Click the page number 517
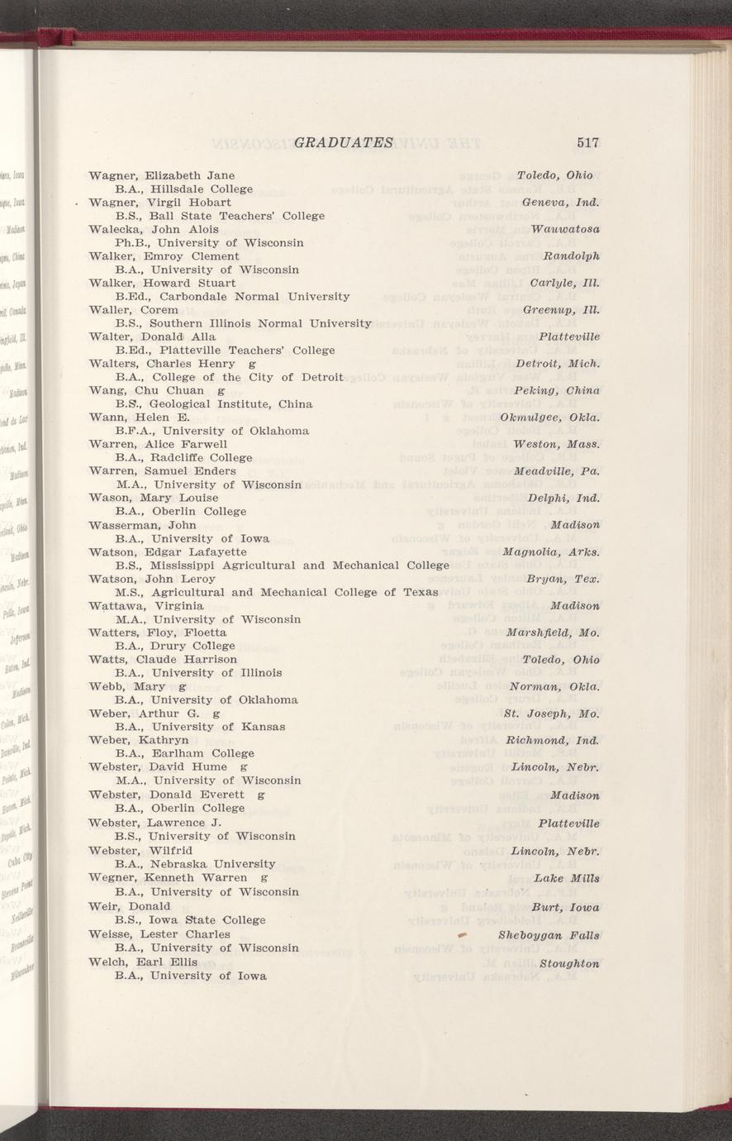(x=587, y=142)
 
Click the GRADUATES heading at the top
(x=343, y=142)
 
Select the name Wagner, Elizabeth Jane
(x=161, y=175)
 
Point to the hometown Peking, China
(x=556, y=390)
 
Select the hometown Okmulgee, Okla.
(x=549, y=417)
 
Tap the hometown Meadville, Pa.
(x=556, y=471)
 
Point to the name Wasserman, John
(x=142, y=525)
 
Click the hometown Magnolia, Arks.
(x=550, y=551)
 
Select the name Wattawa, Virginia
(x=146, y=606)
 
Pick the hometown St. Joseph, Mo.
(x=551, y=714)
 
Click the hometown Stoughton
(x=569, y=963)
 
